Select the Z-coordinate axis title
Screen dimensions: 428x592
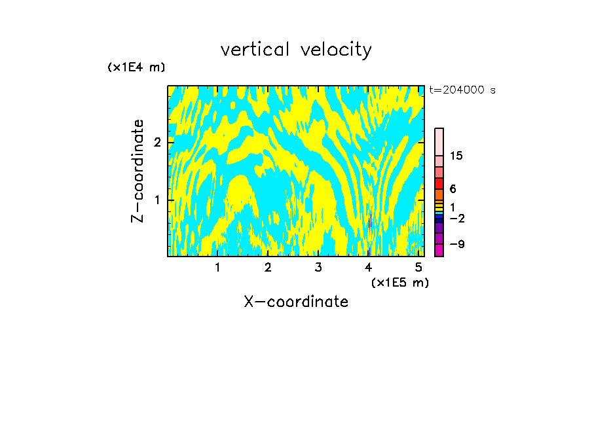tap(138, 171)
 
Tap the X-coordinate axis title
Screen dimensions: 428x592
tap(296, 302)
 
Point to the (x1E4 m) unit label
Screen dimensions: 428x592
tap(136, 67)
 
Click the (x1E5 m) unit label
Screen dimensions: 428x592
tap(399, 282)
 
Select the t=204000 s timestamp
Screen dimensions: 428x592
tap(462, 90)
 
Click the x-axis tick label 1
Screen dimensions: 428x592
tap(217, 267)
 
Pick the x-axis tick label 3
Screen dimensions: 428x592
tap(318, 267)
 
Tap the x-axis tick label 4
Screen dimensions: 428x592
tap(368, 267)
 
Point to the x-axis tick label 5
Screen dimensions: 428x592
tap(418, 267)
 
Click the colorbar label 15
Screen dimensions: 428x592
tap(456, 156)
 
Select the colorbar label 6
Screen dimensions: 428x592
tap(453, 189)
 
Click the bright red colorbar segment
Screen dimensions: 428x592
tap(439, 183)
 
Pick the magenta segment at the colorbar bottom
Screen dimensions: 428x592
tap(439, 250)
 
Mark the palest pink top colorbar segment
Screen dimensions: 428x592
tap(439, 141)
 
